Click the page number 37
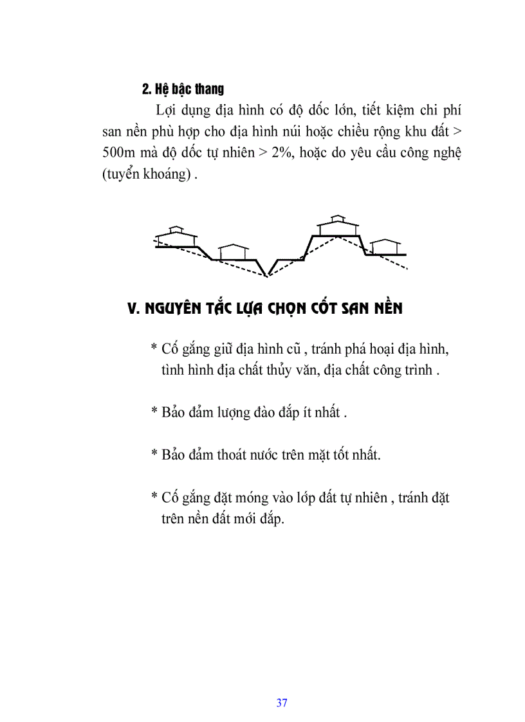(282, 703)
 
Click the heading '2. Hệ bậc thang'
(183, 88)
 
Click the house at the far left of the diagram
(176, 237)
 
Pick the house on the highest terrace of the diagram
(338, 226)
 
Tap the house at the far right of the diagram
(386, 247)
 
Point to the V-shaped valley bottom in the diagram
(268, 275)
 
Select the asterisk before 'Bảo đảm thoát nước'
(154, 455)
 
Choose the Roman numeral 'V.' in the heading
(134, 309)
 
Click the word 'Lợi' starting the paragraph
(166, 109)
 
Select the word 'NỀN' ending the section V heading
(388, 309)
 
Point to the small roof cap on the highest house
(338, 217)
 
